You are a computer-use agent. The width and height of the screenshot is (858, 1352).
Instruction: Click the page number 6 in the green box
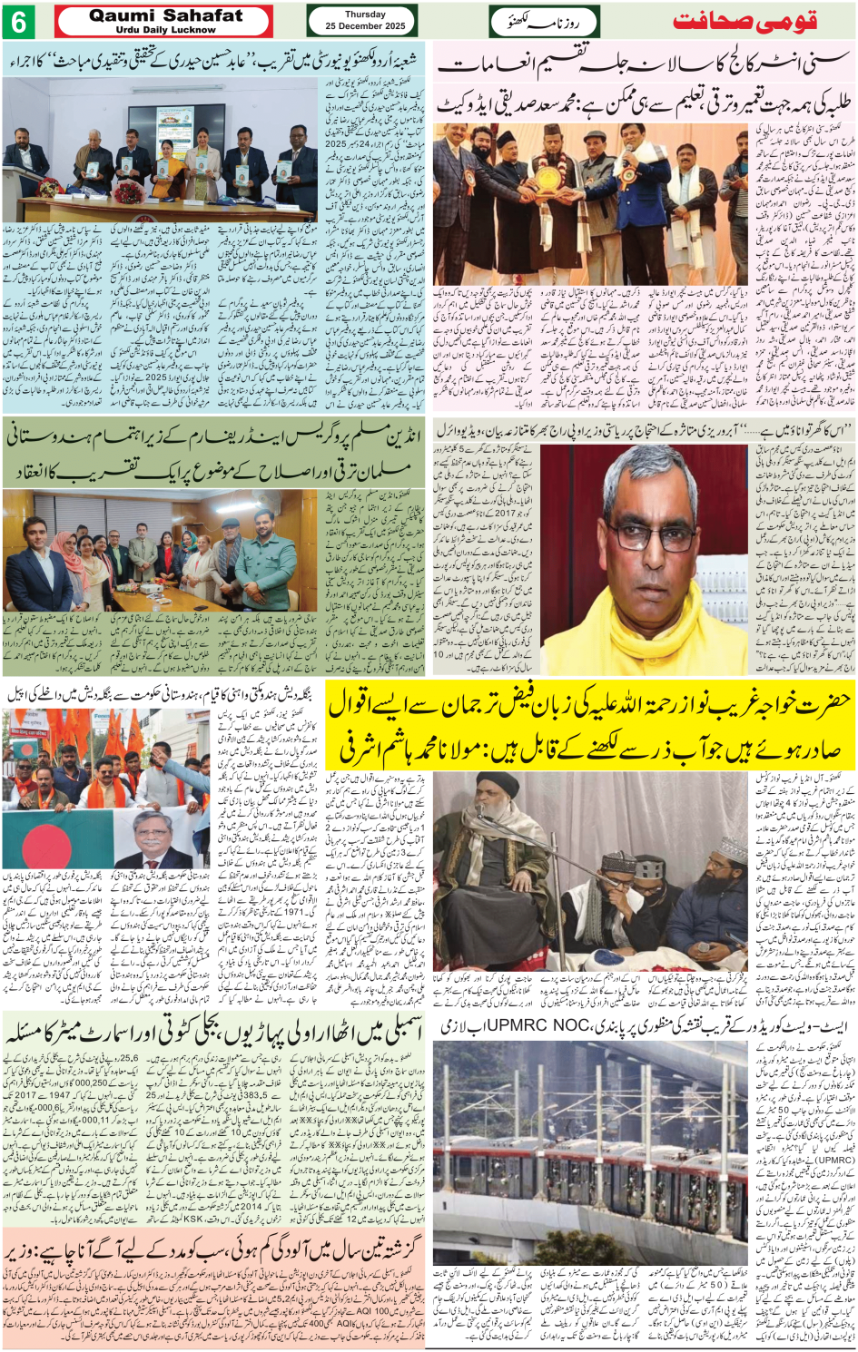point(19,21)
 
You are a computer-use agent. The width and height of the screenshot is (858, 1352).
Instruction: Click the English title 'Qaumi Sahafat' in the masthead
point(165,15)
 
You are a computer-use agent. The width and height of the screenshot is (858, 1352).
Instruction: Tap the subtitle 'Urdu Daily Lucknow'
point(165,30)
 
